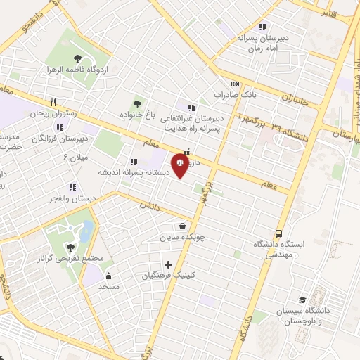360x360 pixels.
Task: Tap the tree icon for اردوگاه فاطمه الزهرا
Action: (x=77, y=58)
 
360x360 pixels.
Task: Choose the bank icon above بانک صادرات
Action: (x=235, y=82)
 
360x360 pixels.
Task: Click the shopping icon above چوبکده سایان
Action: (x=183, y=226)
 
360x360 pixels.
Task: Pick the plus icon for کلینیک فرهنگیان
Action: (x=167, y=264)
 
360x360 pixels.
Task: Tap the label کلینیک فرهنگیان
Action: (x=166, y=276)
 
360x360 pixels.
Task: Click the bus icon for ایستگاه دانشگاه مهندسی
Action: (x=279, y=233)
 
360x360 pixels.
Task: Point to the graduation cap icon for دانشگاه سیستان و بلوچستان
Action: (x=302, y=300)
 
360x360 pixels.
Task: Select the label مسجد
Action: (x=108, y=286)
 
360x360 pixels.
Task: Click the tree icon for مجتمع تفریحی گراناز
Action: (x=70, y=247)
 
